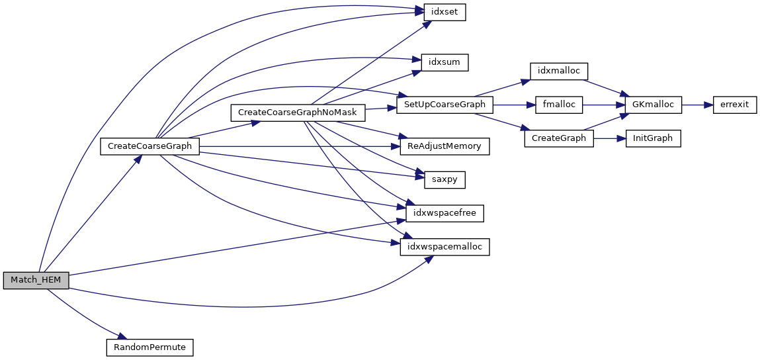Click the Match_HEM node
pos(36,280)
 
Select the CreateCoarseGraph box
pos(149,146)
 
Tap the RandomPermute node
pos(149,347)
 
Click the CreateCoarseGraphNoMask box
pos(297,112)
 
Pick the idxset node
pos(441,13)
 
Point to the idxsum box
pos(441,62)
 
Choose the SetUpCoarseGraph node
pos(444,105)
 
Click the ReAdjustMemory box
pos(444,146)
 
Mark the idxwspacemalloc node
pos(444,247)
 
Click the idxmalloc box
pos(559,71)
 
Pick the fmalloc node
pos(559,105)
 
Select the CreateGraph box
pos(559,138)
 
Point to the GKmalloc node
pos(653,105)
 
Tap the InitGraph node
pos(653,138)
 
